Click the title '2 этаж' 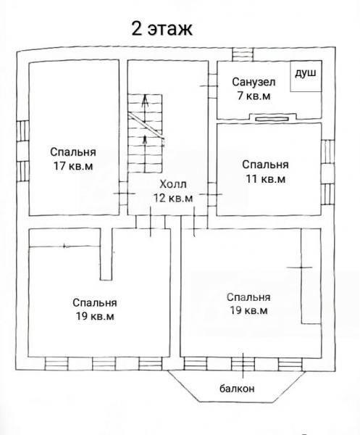tap(162, 28)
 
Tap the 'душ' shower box tap(306, 76)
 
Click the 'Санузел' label tap(254, 82)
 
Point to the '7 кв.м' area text tap(254, 96)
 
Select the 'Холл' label tap(173, 184)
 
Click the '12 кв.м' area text tap(173, 198)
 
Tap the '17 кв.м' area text tap(73, 166)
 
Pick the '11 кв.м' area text tap(266, 178)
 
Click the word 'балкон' tap(237, 389)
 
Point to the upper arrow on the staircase tap(145, 109)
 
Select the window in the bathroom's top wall tap(243, 54)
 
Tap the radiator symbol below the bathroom tap(272, 119)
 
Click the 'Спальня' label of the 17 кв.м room tap(73, 152)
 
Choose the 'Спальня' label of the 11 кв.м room tap(266, 165)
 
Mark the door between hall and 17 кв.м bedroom tap(123, 194)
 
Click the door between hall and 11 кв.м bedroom tap(212, 194)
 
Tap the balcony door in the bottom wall tap(243, 364)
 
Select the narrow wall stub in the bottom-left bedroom tap(106, 254)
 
